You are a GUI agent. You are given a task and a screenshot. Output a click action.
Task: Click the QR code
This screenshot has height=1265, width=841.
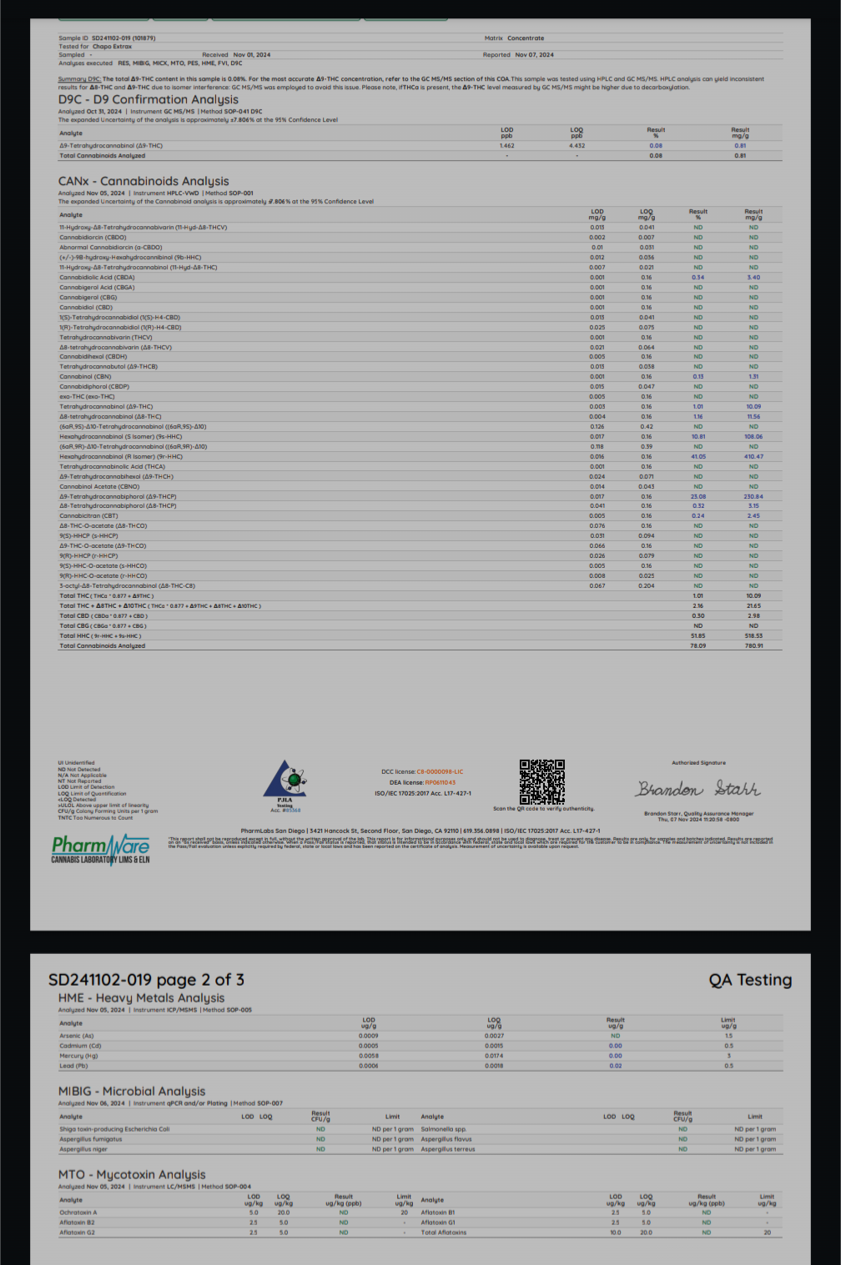pyautogui.click(x=542, y=781)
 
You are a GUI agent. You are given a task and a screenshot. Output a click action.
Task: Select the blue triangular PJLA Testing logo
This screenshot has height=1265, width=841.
pyautogui.click(x=285, y=781)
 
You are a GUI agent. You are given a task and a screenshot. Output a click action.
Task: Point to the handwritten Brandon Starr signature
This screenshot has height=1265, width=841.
pyautogui.click(x=698, y=789)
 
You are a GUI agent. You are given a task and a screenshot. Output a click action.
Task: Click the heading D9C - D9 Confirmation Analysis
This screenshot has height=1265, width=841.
pyautogui.click(x=149, y=99)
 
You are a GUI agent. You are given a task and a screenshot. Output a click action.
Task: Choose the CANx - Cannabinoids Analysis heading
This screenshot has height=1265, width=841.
pyautogui.click(x=144, y=181)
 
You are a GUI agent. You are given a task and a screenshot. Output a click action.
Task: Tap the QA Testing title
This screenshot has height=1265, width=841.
pyautogui.click(x=750, y=980)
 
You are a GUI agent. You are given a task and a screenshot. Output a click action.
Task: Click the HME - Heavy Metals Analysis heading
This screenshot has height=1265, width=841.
pyautogui.click(x=141, y=998)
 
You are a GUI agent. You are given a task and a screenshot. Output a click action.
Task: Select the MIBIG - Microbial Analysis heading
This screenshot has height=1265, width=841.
pyautogui.click(x=132, y=1091)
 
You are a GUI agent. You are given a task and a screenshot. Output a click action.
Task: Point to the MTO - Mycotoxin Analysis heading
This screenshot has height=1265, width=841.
pyautogui.click(x=132, y=1174)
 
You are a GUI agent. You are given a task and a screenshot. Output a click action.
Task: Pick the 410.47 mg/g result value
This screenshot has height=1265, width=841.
pyautogui.click(x=753, y=457)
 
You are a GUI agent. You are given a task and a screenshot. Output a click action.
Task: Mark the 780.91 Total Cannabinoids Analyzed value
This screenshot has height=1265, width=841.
pyautogui.click(x=753, y=645)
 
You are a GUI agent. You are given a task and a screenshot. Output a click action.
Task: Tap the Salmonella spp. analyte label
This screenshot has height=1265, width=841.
pyautogui.click(x=443, y=1129)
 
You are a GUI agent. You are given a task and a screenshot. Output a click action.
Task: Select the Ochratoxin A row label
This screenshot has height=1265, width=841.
pyautogui.click(x=78, y=1212)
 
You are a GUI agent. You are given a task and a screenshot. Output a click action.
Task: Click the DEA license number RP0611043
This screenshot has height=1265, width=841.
pyautogui.click(x=441, y=783)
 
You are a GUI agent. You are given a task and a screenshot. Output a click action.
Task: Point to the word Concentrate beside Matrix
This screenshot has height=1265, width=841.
pyautogui.click(x=526, y=38)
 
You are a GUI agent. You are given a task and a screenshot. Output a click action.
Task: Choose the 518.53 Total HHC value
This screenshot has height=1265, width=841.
pyautogui.click(x=753, y=635)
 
